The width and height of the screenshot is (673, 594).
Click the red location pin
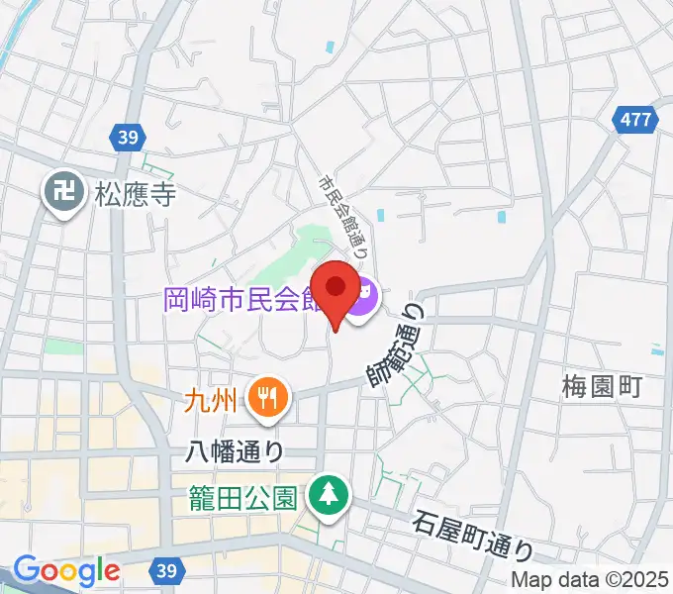[336, 290]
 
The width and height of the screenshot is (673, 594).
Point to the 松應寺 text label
[136, 194]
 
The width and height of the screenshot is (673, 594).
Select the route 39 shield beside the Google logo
[165, 570]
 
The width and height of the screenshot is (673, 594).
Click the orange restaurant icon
[266, 399]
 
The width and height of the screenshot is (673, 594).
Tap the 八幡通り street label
[236, 451]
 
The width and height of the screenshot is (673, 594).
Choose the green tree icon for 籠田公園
[326, 494]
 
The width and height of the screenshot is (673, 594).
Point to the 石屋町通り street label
[474, 535]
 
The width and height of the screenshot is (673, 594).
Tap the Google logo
[66, 570]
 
